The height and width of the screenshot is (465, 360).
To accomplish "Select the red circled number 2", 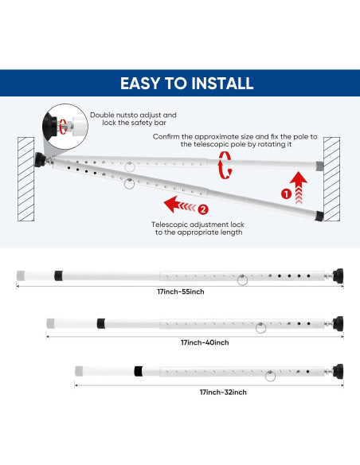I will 203,210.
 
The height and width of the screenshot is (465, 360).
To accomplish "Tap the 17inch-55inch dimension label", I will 180,291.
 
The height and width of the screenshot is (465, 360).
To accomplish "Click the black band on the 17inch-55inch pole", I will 58,275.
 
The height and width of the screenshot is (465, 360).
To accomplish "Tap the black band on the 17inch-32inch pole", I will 138,372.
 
